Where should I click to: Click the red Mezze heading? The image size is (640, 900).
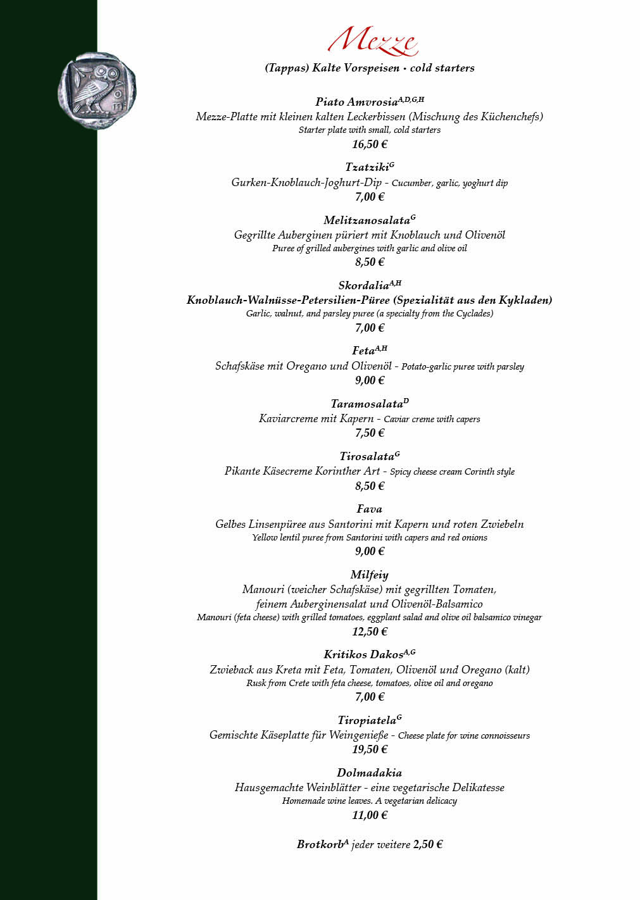[x=372, y=41]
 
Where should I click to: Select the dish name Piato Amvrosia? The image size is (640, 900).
[x=356, y=102]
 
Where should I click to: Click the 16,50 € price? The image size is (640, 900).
[x=370, y=144]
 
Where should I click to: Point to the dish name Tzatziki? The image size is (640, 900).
[x=366, y=167]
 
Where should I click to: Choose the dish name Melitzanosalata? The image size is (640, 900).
[x=367, y=220]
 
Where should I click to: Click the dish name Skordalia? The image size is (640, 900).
[x=363, y=285]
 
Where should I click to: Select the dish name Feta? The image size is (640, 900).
[x=363, y=351]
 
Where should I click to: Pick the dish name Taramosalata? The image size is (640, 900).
[x=367, y=404]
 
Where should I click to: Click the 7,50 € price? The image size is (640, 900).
[x=370, y=433]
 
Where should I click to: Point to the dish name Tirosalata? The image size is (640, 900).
[x=367, y=456]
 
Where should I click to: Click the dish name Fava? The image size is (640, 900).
[x=369, y=509]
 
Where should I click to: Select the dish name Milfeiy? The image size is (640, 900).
[x=369, y=575]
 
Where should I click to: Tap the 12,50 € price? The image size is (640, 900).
[x=370, y=632]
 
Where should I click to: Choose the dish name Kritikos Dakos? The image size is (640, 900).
[x=363, y=654]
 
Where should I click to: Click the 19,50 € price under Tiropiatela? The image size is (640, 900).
[x=370, y=749]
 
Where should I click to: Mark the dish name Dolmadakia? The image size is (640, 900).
[x=369, y=773]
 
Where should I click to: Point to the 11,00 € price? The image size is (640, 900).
[x=370, y=815]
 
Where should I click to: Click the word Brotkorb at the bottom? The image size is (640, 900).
[x=320, y=844]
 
